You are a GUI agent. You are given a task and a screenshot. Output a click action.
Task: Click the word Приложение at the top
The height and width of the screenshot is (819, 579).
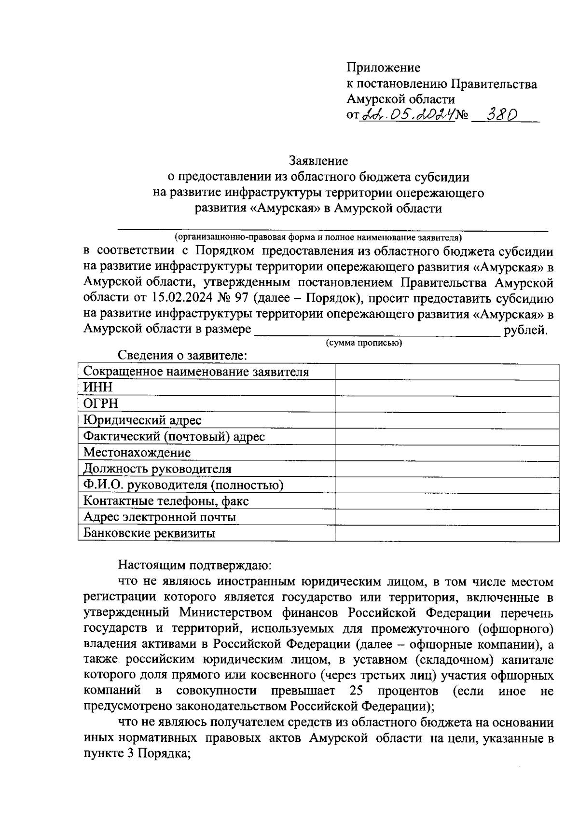(x=384, y=68)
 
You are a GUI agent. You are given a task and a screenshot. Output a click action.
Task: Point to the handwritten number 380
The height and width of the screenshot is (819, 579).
(x=501, y=115)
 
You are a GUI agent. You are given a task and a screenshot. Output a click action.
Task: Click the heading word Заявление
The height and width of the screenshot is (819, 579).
(x=318, y=160)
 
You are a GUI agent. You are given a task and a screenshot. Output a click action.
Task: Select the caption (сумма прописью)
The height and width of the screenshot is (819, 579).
(x=364, y=343)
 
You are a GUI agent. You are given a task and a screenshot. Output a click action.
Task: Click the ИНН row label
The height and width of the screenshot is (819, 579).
(x=98, y=388)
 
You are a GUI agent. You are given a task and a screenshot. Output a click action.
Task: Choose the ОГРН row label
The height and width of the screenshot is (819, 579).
(x=101, y=403)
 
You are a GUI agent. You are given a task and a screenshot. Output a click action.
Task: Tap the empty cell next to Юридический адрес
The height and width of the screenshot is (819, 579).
(x=447, y=420)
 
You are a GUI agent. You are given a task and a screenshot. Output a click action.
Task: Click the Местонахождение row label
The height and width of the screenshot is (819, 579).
(x=137, y=453)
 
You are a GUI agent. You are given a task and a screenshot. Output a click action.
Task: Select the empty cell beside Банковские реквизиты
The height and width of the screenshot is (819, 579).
(x=447, y=533)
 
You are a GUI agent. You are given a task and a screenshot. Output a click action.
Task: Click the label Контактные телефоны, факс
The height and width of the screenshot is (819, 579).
(x=166, y=501)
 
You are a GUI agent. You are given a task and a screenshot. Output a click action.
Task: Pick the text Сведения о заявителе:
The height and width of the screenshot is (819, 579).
(x=183, y=356)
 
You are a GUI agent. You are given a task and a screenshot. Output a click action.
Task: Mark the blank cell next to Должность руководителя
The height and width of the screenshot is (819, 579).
(x=447, y=469)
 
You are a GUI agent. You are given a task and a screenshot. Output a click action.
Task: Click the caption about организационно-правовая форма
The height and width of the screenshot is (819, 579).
(x=318, y=237)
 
